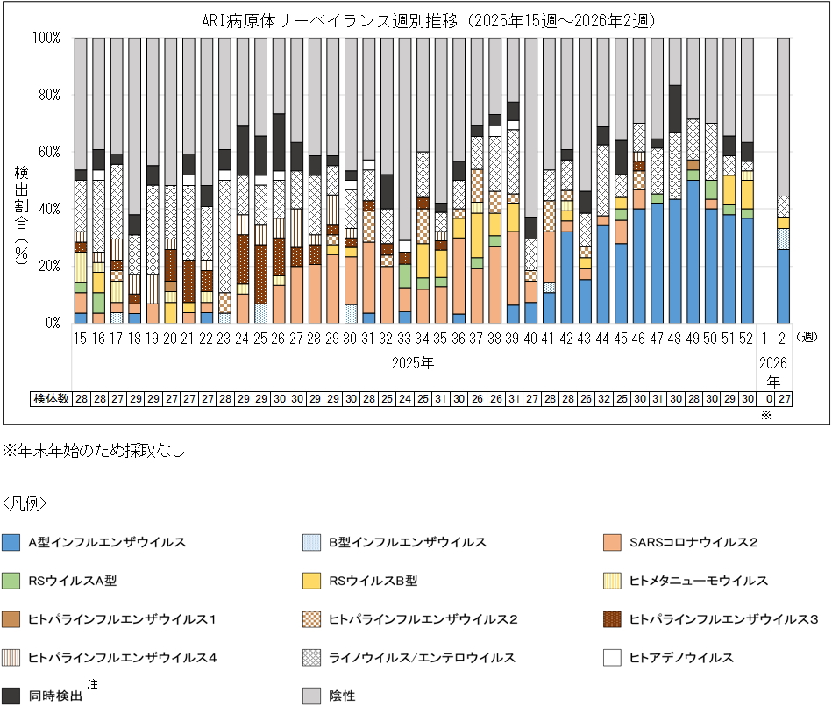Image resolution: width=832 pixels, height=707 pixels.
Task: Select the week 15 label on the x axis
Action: click(81, 338)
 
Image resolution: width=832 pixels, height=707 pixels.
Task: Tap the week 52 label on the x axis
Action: click(747, 338)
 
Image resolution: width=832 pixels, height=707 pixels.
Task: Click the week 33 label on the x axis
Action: click(405, 338)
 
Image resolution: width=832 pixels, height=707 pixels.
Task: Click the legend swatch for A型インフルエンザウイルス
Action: click(11, 542)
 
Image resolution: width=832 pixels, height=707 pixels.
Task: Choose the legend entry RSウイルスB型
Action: click(373, 581)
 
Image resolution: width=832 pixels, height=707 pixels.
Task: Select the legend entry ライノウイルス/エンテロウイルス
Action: click(422, 657)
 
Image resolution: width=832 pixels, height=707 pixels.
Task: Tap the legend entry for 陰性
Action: click(342, 696)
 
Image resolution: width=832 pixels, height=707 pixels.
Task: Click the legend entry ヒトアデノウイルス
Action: click(681, 657)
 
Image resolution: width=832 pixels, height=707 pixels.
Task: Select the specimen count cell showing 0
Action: click(766, 398)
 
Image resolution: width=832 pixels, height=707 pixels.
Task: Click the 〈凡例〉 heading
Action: click(24, 503)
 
